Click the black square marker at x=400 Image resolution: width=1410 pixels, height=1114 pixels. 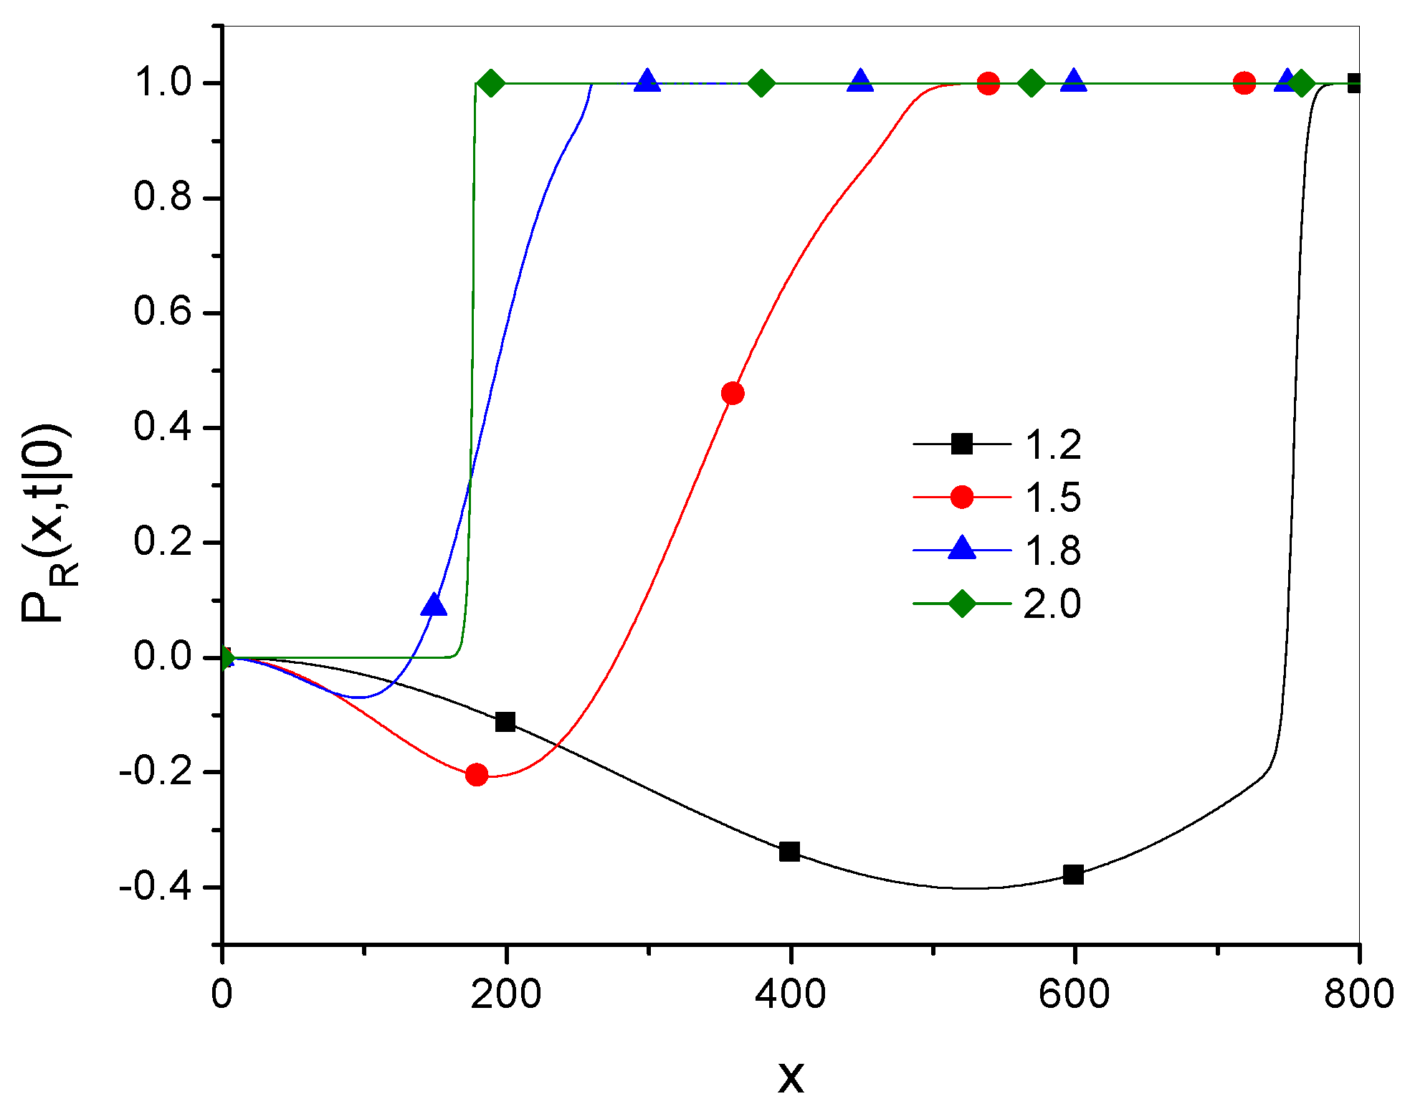[789, 852]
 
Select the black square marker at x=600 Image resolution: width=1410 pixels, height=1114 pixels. [1073, 875]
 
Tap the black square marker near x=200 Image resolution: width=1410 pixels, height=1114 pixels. [505, 722]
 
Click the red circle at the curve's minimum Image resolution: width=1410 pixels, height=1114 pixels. [477, 774]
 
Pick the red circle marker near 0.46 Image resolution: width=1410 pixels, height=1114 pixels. [733, 393]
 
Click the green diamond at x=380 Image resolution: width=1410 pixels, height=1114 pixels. [761, 83]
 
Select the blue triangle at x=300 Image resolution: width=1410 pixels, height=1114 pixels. [647, 81]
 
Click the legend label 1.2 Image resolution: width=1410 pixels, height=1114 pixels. [1052, 445]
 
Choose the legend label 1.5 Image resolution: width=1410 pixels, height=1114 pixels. [1052, 498]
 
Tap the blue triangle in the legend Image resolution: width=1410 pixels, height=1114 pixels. [961, 548]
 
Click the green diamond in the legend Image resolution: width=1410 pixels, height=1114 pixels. [961, 603]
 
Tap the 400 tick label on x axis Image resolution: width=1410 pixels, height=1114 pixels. [790, 995]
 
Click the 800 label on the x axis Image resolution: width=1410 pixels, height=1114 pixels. [1358, 995]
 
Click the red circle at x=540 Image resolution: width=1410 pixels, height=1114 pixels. [989, 83]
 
